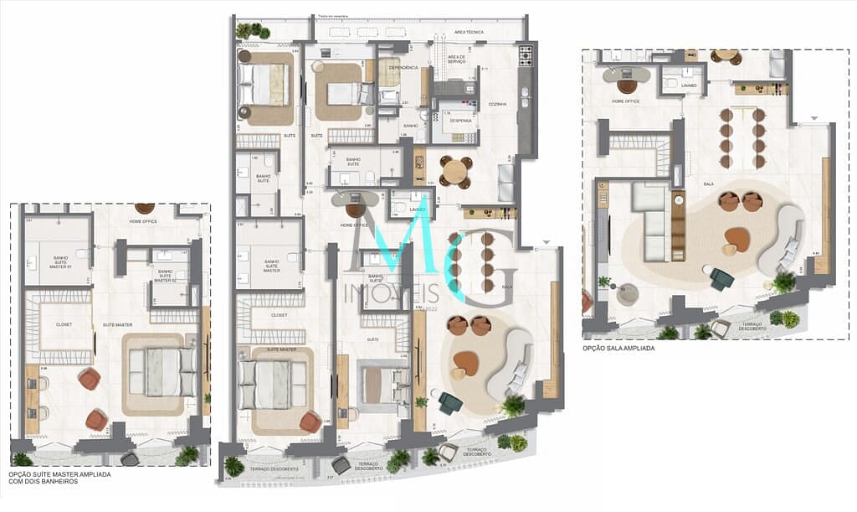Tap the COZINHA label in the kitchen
coord(500,104)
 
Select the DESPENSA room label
coord(459,120)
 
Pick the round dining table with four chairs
coord(454,172)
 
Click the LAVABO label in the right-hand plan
coord(689,85)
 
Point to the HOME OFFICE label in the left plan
coord(143,221)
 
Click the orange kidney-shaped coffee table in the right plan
coord(736,240)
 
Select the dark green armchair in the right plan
coord(721,278)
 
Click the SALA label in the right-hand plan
coord(708,182)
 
